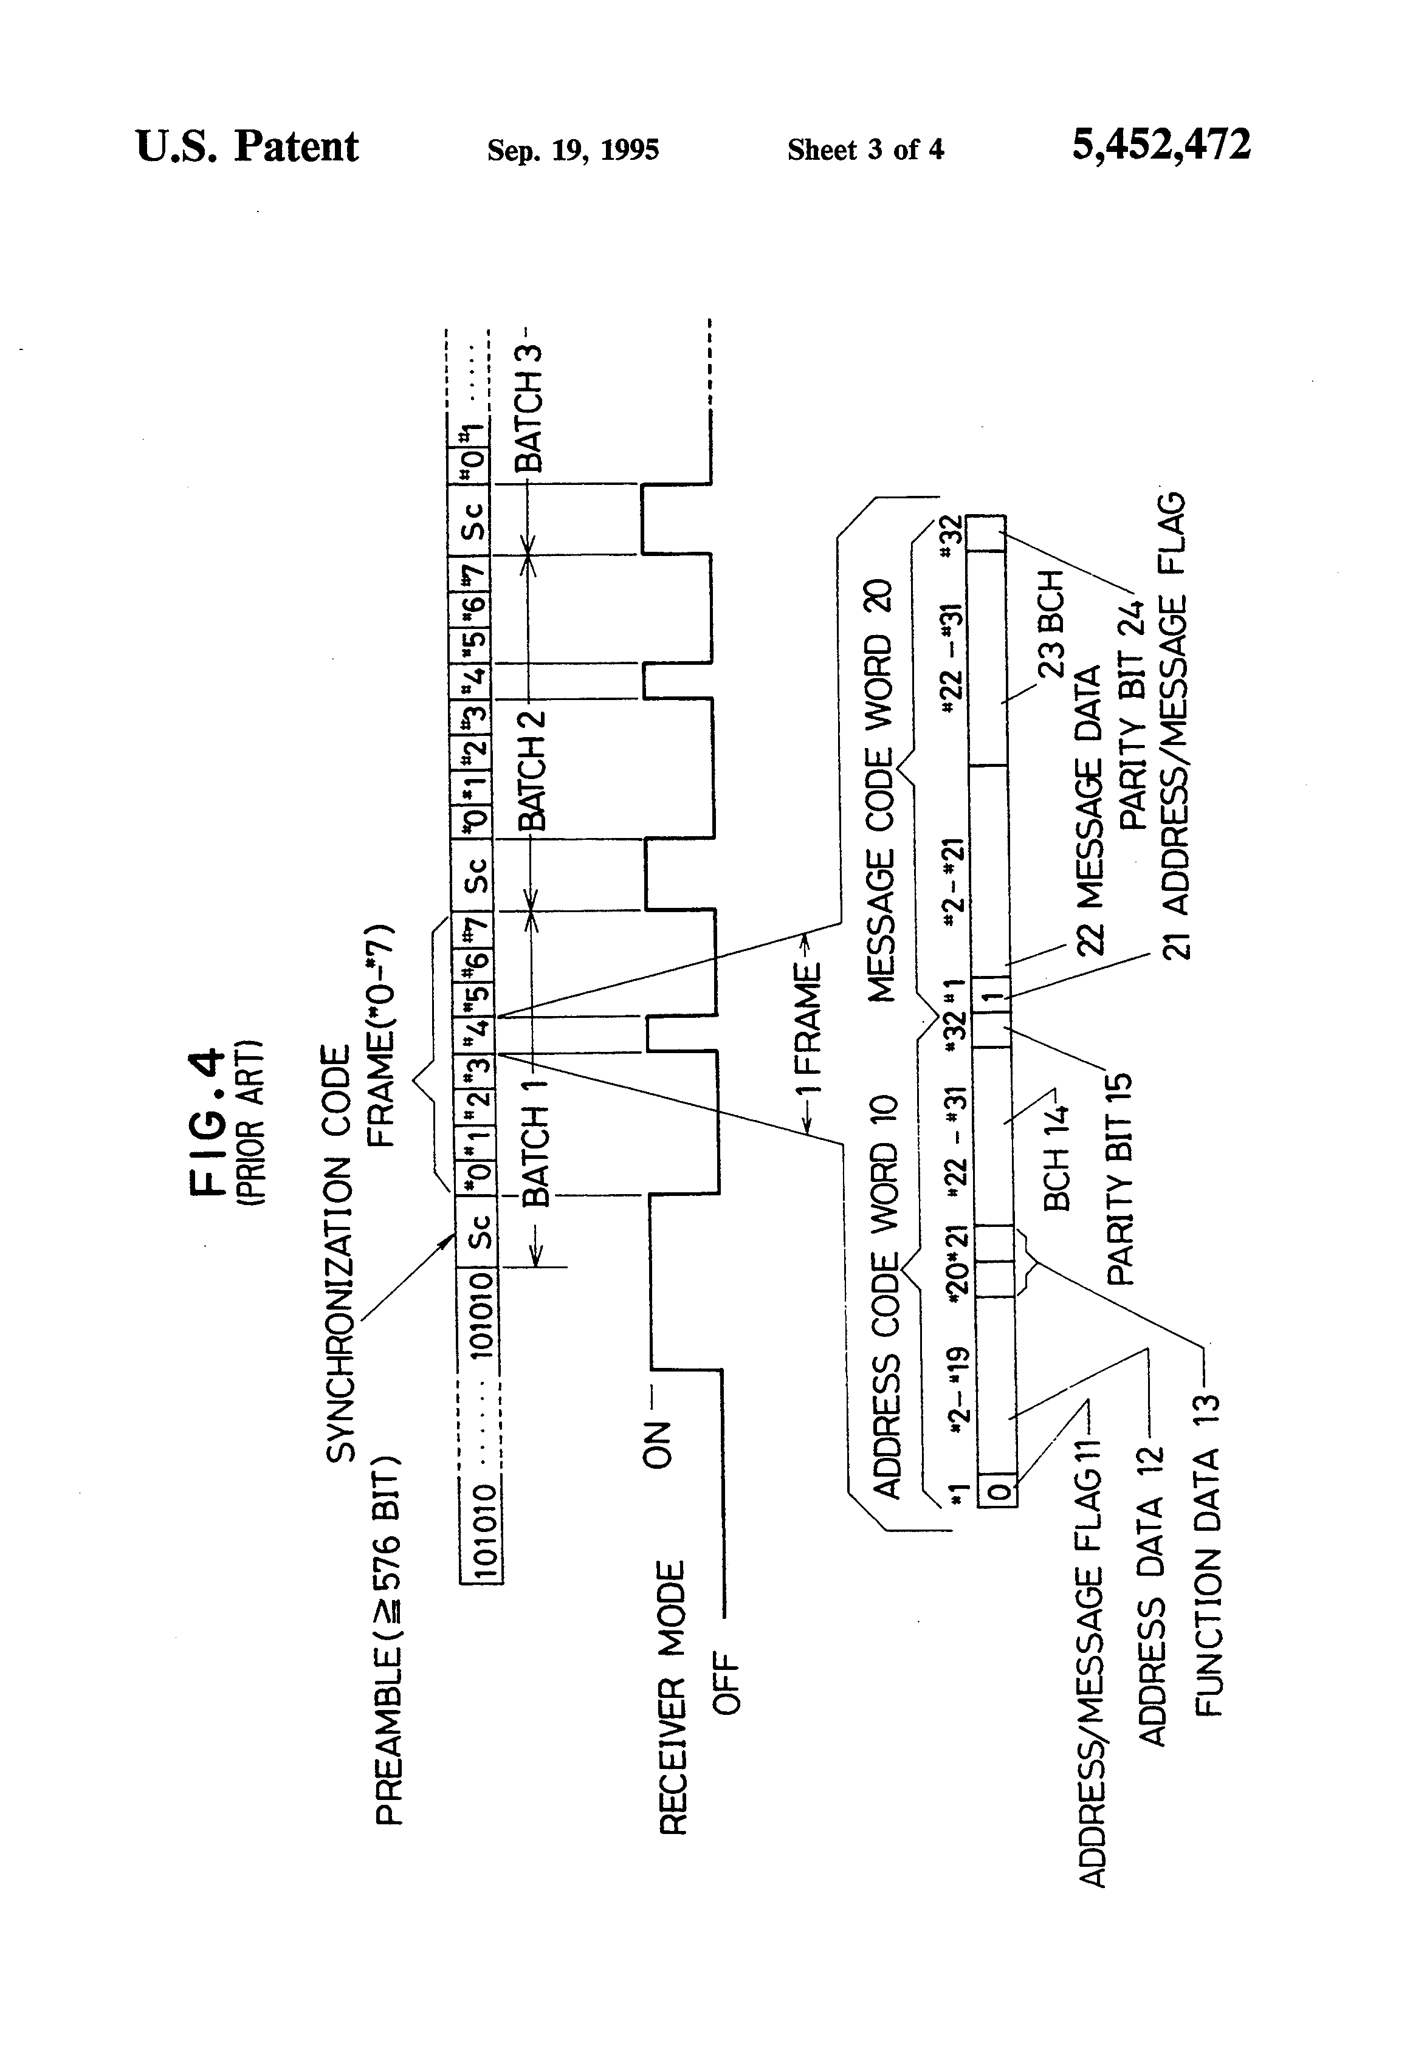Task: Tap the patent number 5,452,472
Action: point(1160,145)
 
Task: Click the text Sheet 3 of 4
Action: point(865,149)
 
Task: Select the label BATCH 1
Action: point(535,1156)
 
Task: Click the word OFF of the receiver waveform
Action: point(726,1683)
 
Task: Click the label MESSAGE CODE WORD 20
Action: point(879,791)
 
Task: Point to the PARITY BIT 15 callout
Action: point(1118,1179)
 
